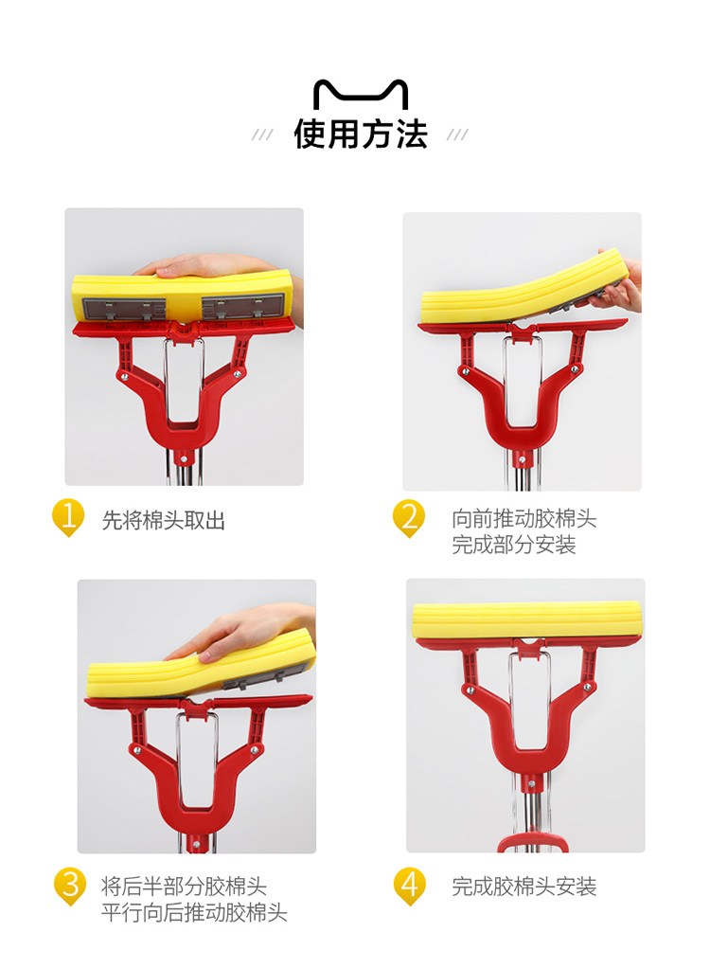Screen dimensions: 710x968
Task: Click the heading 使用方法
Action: coord(361,134)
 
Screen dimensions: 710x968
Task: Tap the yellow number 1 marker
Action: coord(68,517)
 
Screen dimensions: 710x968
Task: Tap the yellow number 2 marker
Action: coord(409,518)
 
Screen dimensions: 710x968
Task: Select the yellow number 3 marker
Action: coord(70,887)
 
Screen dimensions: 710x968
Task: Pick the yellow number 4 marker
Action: coord(410,887)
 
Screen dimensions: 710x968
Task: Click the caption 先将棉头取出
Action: coord(164,520)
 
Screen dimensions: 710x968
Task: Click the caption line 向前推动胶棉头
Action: coord(524,519)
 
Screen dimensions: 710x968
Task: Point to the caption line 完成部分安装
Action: coord(513,545)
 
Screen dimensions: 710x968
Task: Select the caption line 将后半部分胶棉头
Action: coord(184,887)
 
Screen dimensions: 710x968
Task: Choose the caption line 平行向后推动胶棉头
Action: coord(194,912)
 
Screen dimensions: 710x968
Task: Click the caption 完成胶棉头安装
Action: coord(524,887)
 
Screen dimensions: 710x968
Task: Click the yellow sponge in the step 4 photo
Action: coord(527,621)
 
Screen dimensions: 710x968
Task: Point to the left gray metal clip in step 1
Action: coord(124,309)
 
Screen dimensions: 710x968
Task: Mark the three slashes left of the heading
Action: coord(262,134)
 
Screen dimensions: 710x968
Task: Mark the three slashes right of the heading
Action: coord(457,134)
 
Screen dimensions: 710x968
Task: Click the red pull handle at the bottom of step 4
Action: coord(532,843)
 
